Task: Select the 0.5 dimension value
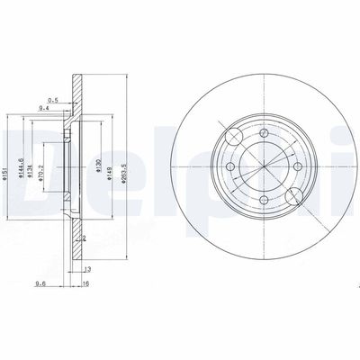point(53,99)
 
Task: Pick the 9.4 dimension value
point(43,108)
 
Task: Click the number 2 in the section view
point(84,240)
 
